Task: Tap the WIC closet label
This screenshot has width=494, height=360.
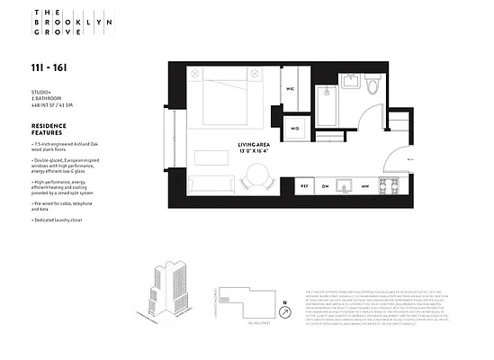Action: pyautogui.click(x=291, y=89)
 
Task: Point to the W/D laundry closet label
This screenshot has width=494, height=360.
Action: pyautogui.click(x=295, y=129)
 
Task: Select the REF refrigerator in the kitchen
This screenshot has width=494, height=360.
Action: pyautogui.click(x=304, y=185)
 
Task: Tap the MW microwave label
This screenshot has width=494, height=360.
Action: pyautogui.click(x=364, y=185)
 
